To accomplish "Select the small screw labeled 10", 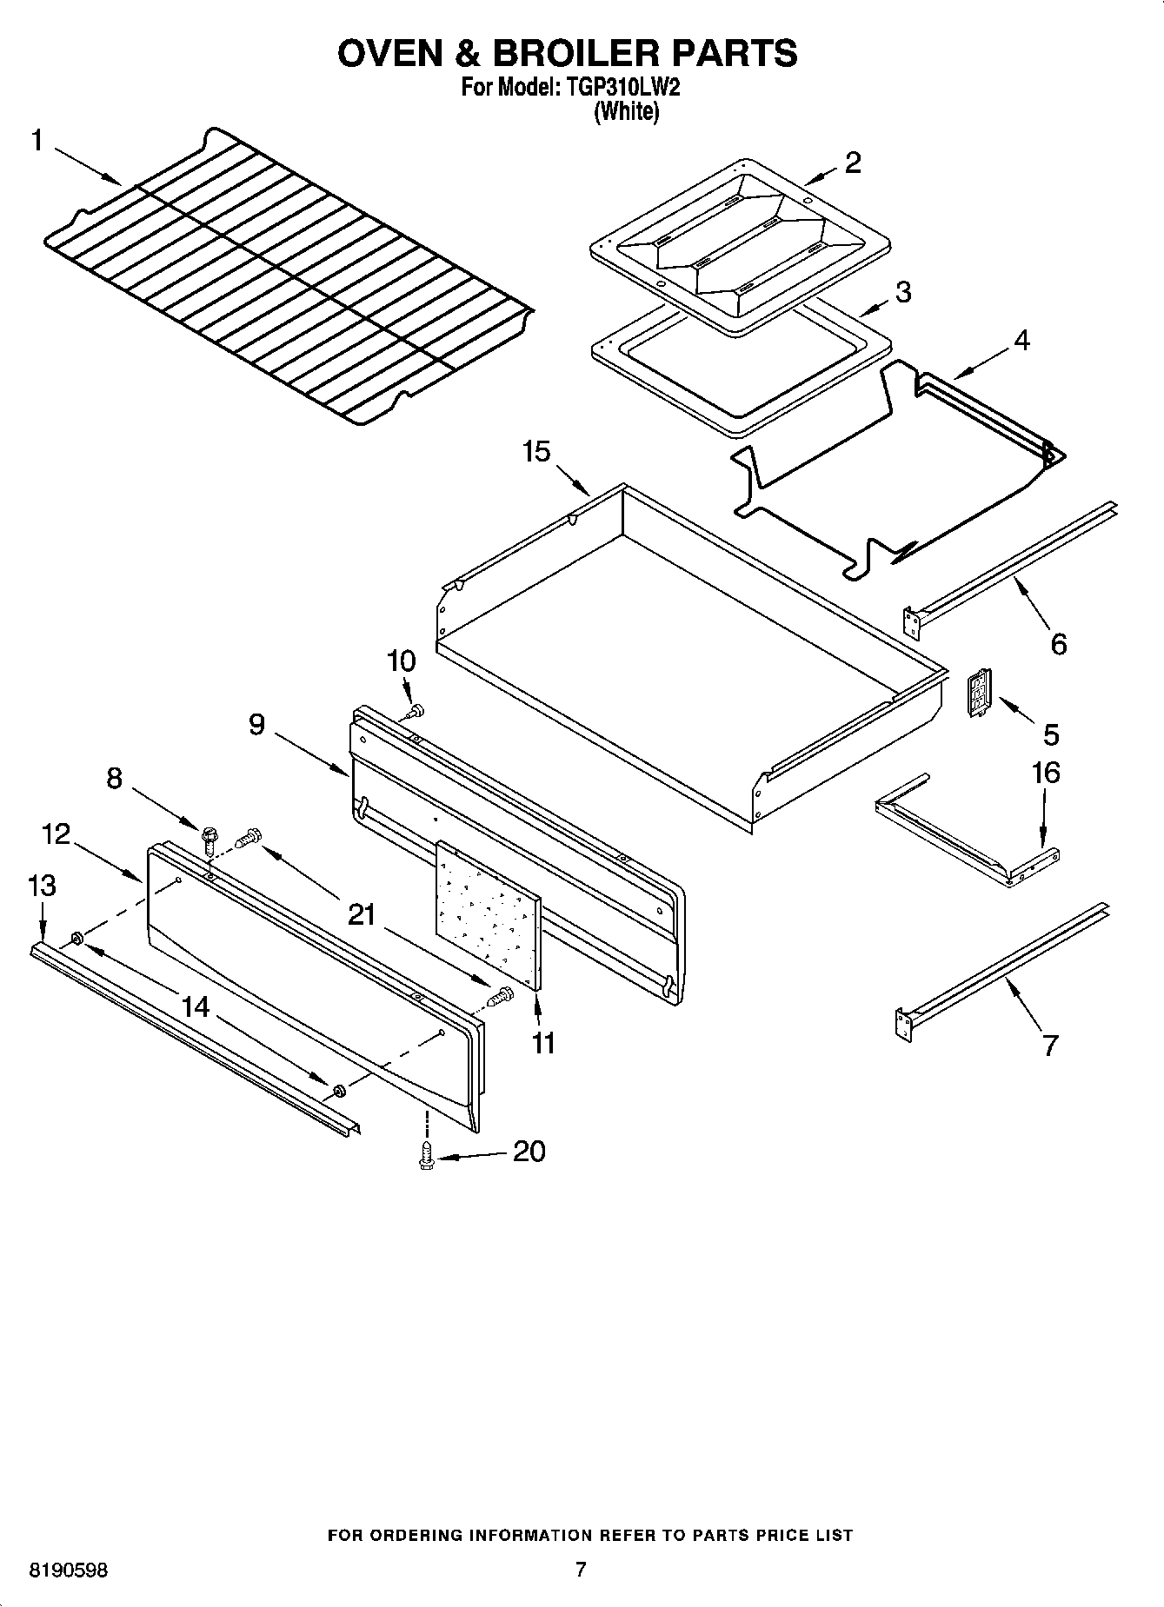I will click(x=417, y=711).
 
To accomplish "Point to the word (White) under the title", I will click(x=626, y=111).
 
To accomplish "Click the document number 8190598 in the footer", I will click(x=69, y=1570).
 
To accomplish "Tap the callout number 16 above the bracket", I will click(x=1046, y=772).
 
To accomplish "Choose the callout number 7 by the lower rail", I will click(x=1050, y=1045).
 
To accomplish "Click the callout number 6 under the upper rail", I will click(x=1058, y=644).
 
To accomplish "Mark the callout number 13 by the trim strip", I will click(x=42, y=886).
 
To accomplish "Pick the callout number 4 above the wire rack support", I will click(x=1021, y=341).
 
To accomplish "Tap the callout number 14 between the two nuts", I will click(x=196, y=1006).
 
